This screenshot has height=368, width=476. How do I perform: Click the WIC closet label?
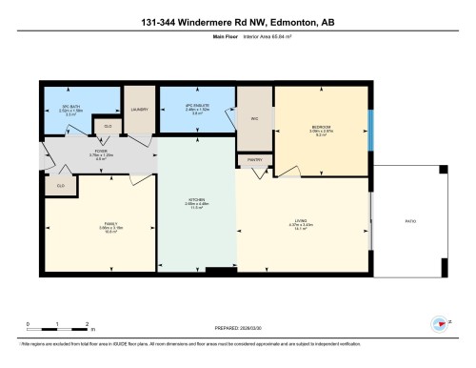click(x=254, y=118)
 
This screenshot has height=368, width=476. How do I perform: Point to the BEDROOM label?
click(x=321, y=126)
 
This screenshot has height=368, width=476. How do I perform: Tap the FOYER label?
click(x=100, y=151)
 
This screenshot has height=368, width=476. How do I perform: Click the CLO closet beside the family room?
click(x=62, y=186)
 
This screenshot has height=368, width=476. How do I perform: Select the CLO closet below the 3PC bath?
click(x=108, y=126)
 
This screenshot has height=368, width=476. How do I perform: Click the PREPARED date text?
click(x=238, y=324)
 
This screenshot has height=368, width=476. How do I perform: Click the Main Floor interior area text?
click(x=238, y=39)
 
